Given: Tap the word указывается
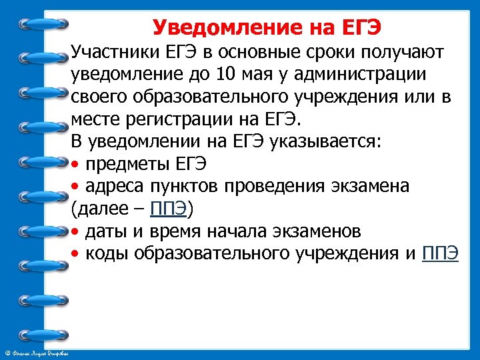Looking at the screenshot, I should tap(331, 142).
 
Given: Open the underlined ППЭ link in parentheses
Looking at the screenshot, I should tap(169, 210).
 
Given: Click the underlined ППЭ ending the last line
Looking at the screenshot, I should tap(440, 255).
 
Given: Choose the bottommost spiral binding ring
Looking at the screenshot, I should tap(44, 335).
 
